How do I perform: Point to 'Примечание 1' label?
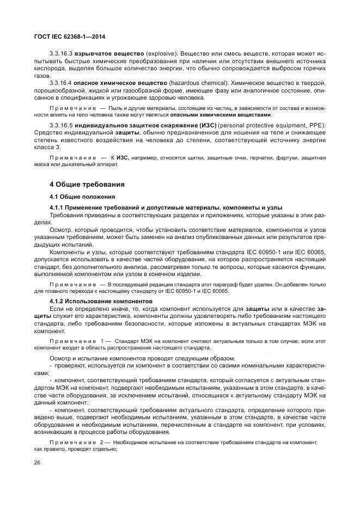[80, 340]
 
